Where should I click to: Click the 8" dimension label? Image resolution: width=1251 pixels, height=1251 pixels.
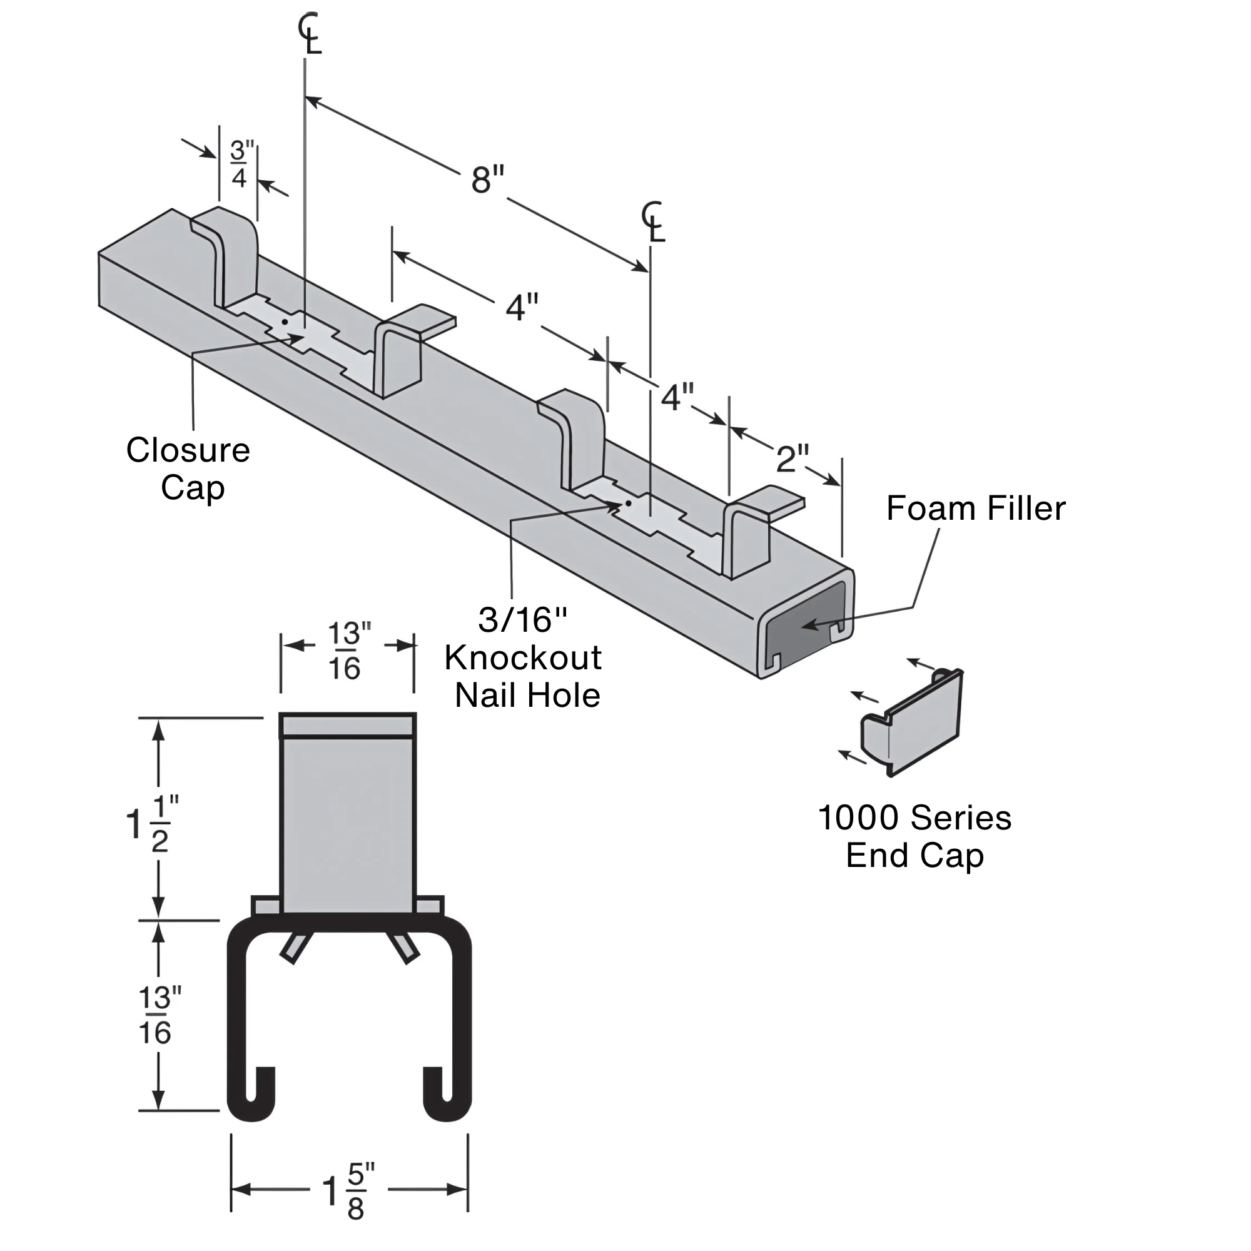tap(488, 180)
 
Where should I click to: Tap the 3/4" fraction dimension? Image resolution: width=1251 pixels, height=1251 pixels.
tap(240, 165)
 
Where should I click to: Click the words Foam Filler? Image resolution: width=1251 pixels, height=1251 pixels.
tap(975, 509)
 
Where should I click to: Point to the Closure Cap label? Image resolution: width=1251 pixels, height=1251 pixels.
tap(188, 468)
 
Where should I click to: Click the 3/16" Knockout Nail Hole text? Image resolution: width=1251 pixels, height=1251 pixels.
tap(524, 658)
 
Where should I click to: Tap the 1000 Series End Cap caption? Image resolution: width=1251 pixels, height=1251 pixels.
tap(914, 836)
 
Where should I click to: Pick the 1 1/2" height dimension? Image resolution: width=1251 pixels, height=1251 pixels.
tap(153, 824)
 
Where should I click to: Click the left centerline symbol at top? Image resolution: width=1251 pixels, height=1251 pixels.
tap(310, 34)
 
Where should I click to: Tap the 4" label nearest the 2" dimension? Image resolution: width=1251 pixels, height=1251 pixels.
tap(677, 397)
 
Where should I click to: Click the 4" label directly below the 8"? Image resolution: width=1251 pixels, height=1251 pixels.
tap(522, 307)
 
